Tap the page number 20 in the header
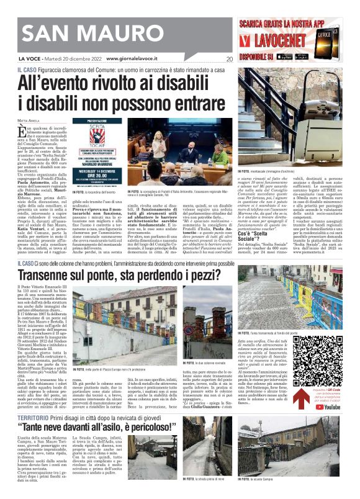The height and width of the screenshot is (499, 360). [x=230, y=60]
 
